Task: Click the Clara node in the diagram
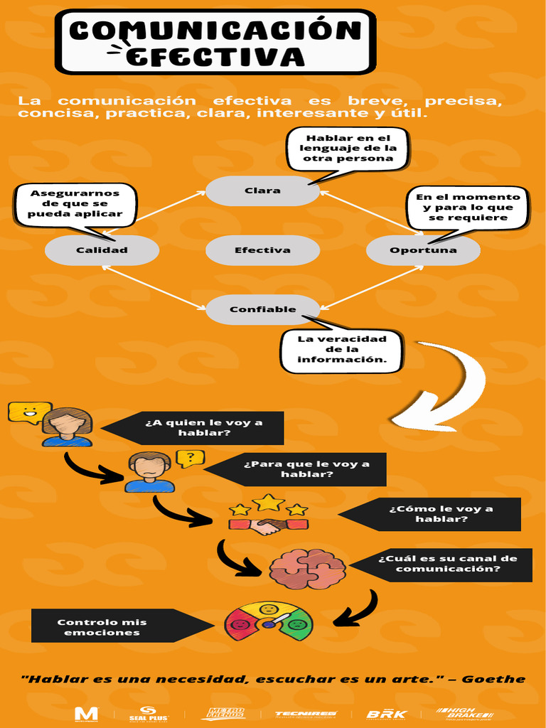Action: click(262, 191)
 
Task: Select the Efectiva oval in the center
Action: click(262, 250)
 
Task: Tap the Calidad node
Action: click(102, 250)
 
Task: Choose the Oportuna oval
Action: click(423, 250)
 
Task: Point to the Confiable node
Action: click(262, 309)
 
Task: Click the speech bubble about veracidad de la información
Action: click(342, 350)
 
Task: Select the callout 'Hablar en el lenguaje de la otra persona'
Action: click(348, 149)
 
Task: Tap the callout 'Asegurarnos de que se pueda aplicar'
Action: click(75, 204)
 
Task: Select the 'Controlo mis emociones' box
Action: click(103, 626)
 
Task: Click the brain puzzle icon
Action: click(307, 569)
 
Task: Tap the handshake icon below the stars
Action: click(268, 526)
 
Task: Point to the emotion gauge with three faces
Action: click(269, 621)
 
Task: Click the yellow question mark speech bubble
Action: click(190, 458)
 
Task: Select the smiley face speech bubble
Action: click(28, 412)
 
